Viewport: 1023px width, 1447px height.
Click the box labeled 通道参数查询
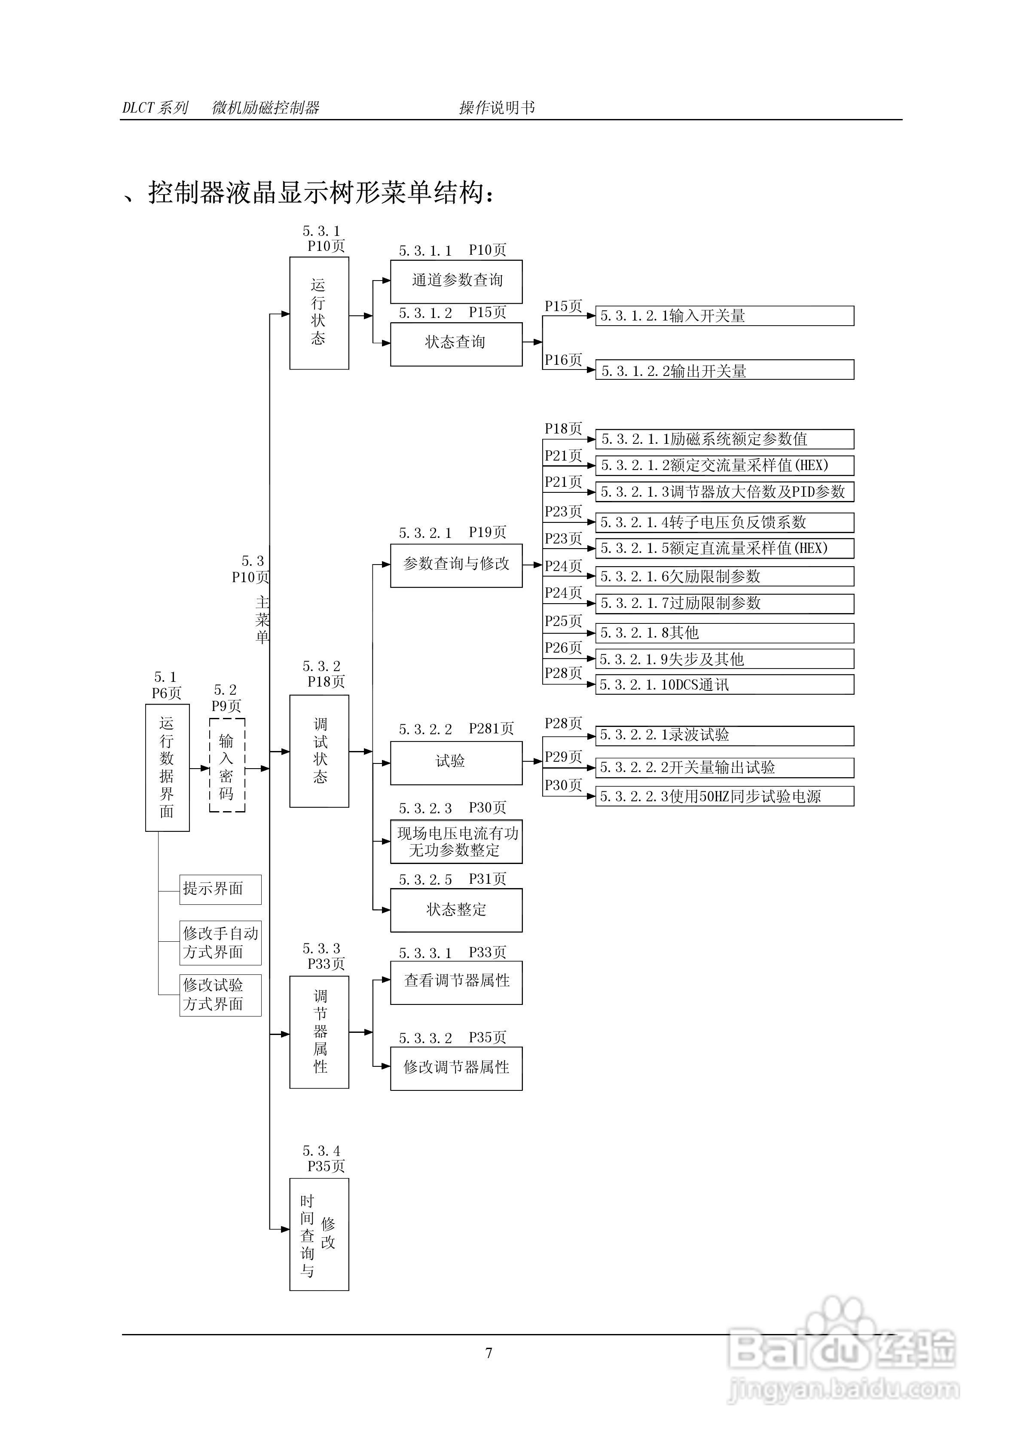point(456,281)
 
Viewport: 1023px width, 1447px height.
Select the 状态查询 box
point(456,343)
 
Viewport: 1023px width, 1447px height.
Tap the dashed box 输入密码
point(227,765)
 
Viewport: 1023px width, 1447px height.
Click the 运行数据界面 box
point(167,767)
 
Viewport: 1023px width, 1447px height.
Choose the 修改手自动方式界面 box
point(220,942)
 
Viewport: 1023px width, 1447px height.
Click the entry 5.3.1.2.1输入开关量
point(724,316)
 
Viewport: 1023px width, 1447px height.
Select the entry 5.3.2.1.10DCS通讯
point(724,684)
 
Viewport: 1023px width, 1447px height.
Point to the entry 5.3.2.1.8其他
point(724,633)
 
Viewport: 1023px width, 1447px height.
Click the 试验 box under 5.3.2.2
point(456,763)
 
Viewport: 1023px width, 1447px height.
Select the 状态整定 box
point(456,910)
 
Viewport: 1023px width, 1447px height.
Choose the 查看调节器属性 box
point(456,982)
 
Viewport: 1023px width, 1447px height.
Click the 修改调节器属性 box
point(456,1068)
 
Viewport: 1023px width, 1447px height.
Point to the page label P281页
point(491,729)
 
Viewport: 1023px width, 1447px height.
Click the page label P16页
point(563,360)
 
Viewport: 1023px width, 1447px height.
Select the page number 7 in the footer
point(489,1353)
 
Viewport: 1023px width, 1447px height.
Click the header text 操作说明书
point(497,108)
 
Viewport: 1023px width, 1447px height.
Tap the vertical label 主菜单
point(262,620)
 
